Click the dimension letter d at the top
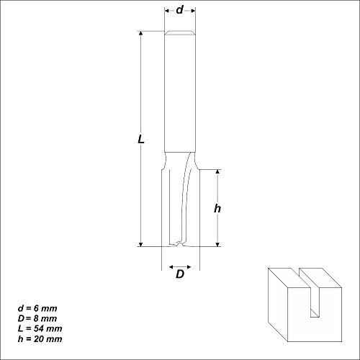pyautogui.click(x=179, y=10)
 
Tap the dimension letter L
pyautogui.click(x=141, y=142)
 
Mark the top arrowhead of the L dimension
pyautogui.click(x=142, y=35)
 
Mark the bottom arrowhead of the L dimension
pyautogui.click(x=142, y=243)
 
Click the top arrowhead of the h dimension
pyautogui.click(x=217, y=173)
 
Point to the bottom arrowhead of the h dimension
pyautogui.click(x=217, y=243)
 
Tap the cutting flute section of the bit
pyautogui.click(x=179, y=202)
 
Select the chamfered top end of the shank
pyautogui.click(x=179, y=34)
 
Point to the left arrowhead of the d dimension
pyautogui.click(x=167, y=10)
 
